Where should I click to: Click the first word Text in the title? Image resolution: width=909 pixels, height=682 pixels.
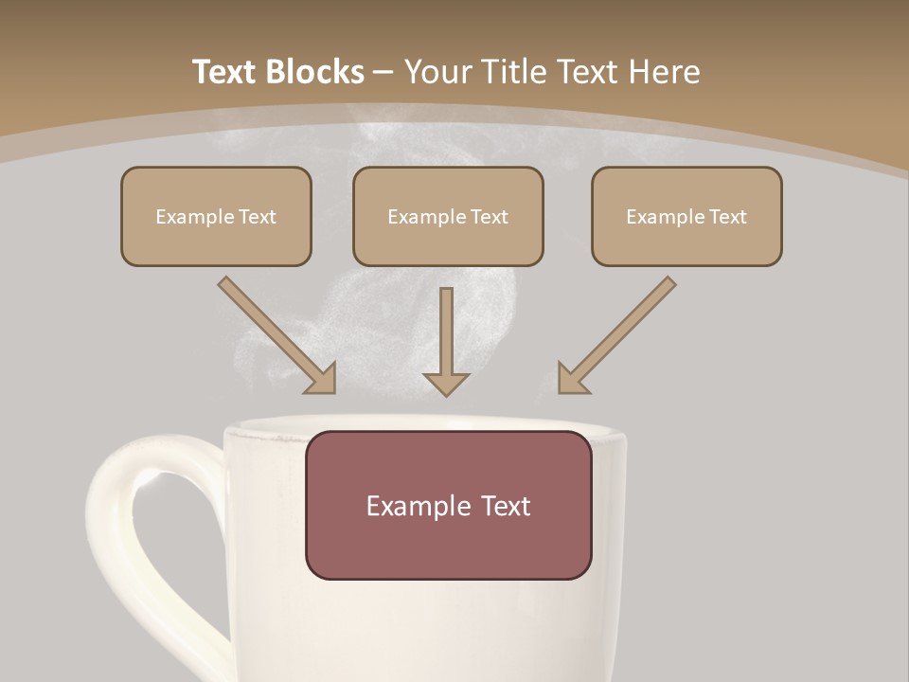point(227,72)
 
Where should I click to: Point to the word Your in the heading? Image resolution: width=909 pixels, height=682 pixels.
point(437,72)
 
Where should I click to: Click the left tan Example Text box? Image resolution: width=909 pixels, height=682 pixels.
point(216,216)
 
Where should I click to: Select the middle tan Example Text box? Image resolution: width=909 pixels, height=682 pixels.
point(448,216)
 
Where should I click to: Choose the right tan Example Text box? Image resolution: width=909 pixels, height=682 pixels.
point(686,216)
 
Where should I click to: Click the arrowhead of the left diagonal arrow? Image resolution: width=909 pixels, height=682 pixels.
point(322,379)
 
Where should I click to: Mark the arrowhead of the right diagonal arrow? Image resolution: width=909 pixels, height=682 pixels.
point(571,379)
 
